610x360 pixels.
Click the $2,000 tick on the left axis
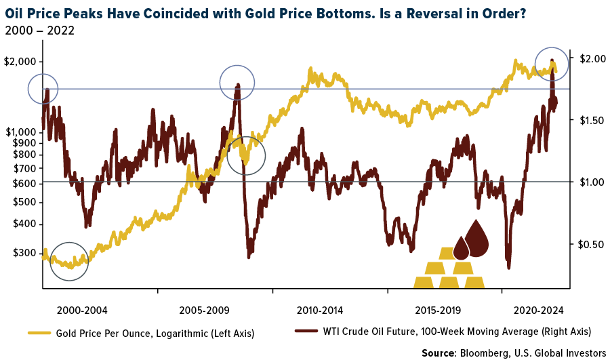20,62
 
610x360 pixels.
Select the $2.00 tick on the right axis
587,58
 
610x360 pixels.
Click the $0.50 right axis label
587,244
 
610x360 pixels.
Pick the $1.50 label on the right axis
587,120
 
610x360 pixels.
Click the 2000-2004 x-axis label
82,311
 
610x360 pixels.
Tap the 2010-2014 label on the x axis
320,311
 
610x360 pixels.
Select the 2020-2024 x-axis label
540,311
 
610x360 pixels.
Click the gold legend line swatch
39,332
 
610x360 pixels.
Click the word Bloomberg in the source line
482,353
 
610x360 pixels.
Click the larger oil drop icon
478,239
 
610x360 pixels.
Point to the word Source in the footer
438,353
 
